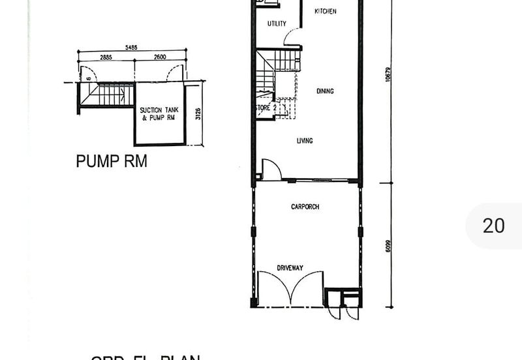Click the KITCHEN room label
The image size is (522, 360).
tap(326, 12)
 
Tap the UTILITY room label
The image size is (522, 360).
tap(277, 24)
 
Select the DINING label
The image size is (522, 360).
tap(325, 91)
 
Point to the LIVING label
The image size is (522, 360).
tap(305, 141)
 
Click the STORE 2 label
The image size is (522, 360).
tap(266, 108)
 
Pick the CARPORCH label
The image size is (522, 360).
tap(305, 207)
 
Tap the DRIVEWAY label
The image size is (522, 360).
tap(290, 268)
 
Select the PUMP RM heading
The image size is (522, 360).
tap(112, 161)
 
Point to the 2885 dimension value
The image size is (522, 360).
tap(106, 58)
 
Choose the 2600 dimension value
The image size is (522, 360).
tap(161, 58)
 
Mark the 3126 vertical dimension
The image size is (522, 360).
tap(198, 114)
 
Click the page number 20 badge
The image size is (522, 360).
tap(493, 226)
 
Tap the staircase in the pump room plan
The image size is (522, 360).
tap(107, 95)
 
